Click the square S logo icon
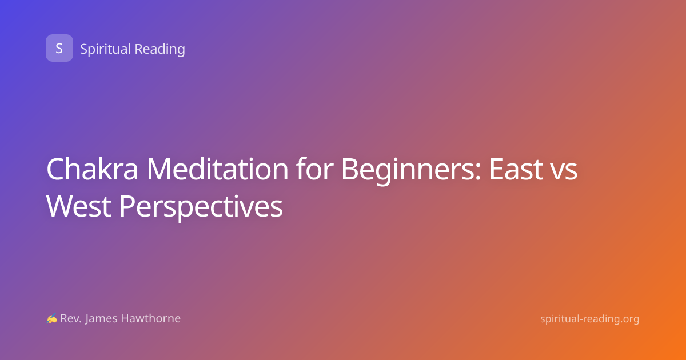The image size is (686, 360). pos(59,48)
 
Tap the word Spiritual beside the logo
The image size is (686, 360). pos(106,49)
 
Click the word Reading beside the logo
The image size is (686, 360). pos(160,49)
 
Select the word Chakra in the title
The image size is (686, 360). pos(93,169)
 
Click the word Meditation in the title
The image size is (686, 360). pos(217,169)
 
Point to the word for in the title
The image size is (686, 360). pos(314,169)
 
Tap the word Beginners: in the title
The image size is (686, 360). pos(411,170)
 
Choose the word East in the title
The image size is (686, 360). pos(516,169)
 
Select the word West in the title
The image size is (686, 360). pos(79,206)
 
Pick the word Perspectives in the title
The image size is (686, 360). pos(201,208)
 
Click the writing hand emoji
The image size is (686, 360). pos(52,318)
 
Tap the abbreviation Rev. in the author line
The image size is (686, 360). pos(71,319)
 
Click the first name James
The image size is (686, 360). pos(101,319)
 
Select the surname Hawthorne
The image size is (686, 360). pos(151,318)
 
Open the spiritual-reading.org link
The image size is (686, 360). pos(589,319)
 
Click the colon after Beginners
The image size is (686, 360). pos(478,173)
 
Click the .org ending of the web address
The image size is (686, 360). pos(627,320)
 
